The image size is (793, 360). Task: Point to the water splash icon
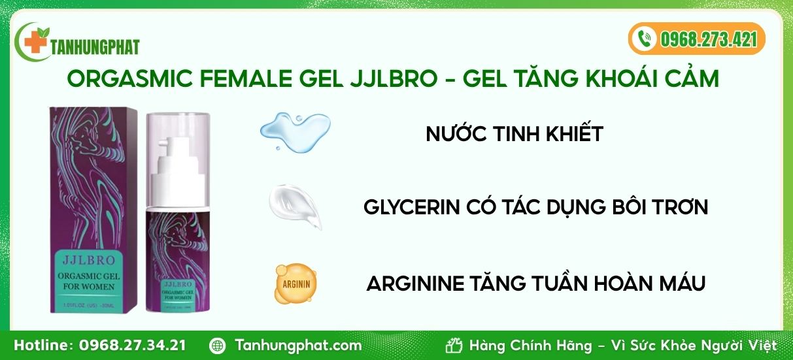click(x=295, y=127)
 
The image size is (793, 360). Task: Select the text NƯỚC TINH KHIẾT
click(x=514, y=134)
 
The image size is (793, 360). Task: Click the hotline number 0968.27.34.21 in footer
click(x=133, y=345)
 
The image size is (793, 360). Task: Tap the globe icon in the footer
click(x=218, y=345)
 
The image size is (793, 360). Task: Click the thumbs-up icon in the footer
click(x=454, y=345)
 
